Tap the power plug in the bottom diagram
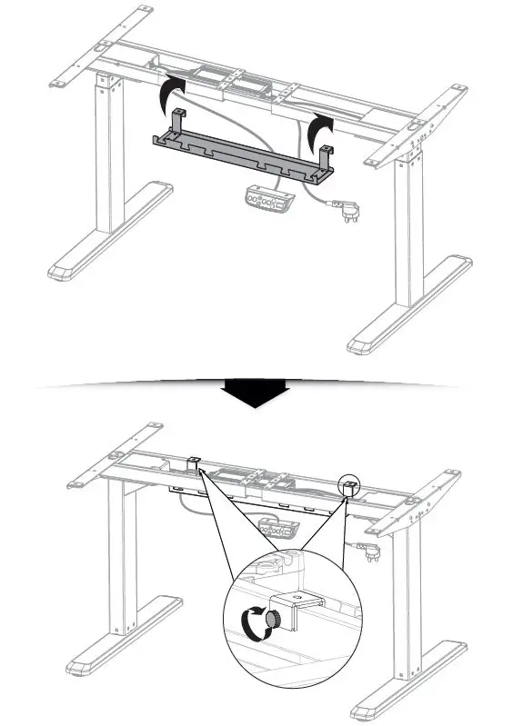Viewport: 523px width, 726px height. pos(368,550)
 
